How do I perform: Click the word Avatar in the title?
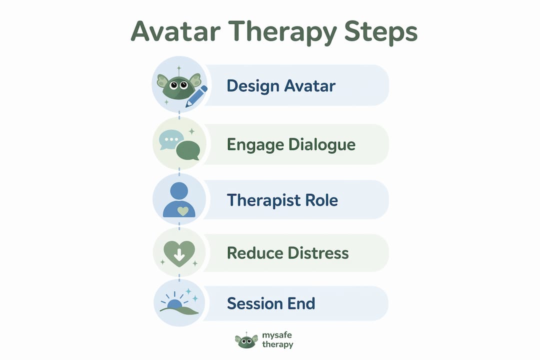(x=175, y=31)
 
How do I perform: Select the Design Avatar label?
(x=281, y=86)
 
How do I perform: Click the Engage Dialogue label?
(x=291, y=145)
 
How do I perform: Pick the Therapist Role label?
(x=282, y=200)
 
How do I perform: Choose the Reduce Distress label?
(x=288, y=253)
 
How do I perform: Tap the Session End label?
(x=271, y=303)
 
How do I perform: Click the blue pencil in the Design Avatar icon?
(x=196, y=96)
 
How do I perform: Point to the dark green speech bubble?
(x=188, y=150)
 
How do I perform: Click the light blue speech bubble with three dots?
(x=169, y=139)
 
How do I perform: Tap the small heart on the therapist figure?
(x=183, y=211)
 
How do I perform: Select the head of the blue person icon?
(x=179, y=191)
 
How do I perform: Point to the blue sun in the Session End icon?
(x=174, y=304)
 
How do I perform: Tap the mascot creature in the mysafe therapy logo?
(x=246, y=340)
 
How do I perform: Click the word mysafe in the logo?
(x=277, y=335)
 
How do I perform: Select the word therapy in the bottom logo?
(x=277, y=344)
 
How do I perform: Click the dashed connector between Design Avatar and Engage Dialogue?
(x=179, y=115)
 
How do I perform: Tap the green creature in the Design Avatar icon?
(x=178, y=86)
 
